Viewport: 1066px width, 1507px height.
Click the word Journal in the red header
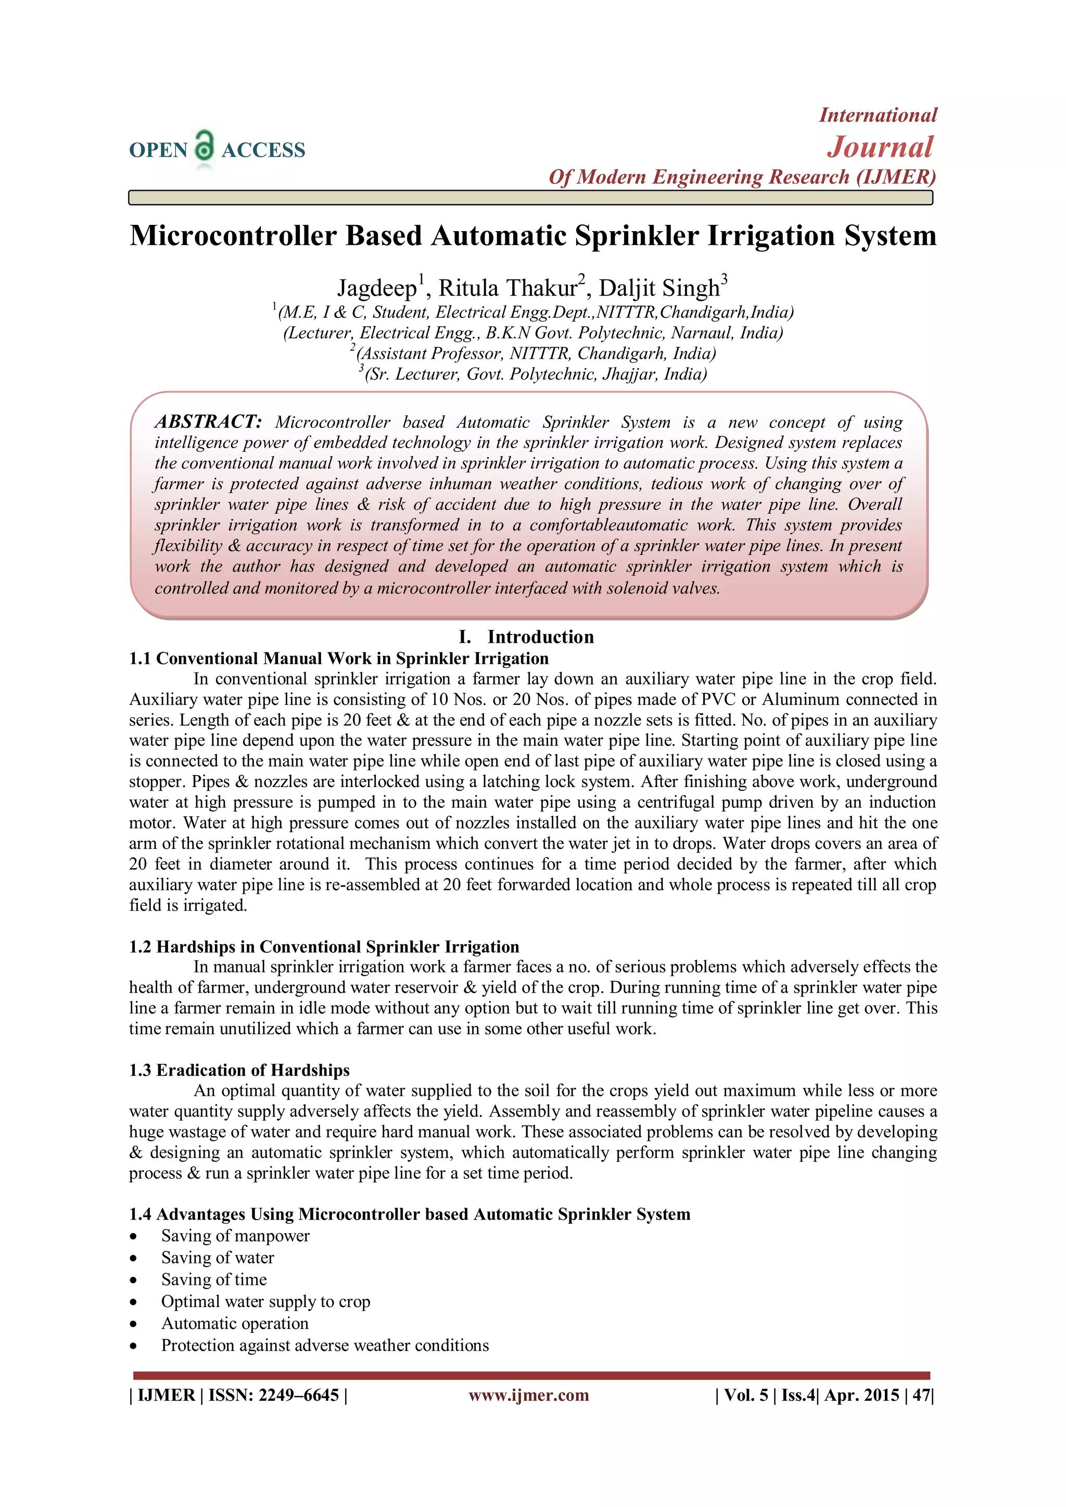880,147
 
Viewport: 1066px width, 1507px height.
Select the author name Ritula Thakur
507,288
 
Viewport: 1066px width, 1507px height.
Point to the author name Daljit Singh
658,288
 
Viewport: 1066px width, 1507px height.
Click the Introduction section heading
540,637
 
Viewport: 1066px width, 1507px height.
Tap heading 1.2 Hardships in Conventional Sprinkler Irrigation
324,946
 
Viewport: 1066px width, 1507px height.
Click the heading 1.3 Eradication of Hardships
239,1070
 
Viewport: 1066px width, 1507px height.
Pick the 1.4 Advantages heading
409,1214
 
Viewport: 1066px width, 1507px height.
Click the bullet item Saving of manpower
235,1236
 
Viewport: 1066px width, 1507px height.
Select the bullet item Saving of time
214,1280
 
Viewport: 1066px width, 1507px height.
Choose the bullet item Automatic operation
234,1324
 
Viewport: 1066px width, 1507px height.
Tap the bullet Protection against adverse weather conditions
325,1346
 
